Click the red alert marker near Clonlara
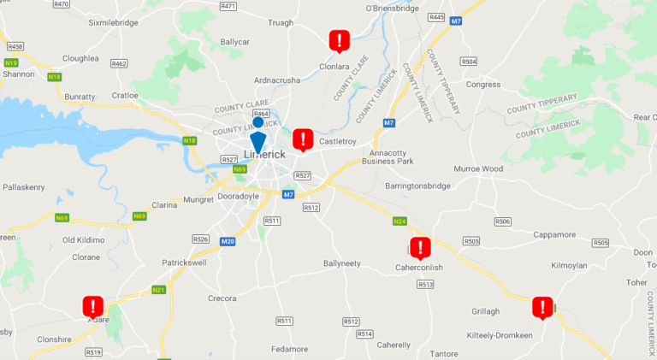[340, 40]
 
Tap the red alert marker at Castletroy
[303, 139]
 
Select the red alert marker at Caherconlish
[420, 248]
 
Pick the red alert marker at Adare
[93, 306]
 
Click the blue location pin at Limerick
[257, 140]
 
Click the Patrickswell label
[186, 263]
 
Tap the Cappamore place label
[555, 234]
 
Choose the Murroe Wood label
[478, 168]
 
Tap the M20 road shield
[228, 242]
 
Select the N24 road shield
[400, 221]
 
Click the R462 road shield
[119, 63]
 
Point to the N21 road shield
[159, 290]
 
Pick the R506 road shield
[502, 221]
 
